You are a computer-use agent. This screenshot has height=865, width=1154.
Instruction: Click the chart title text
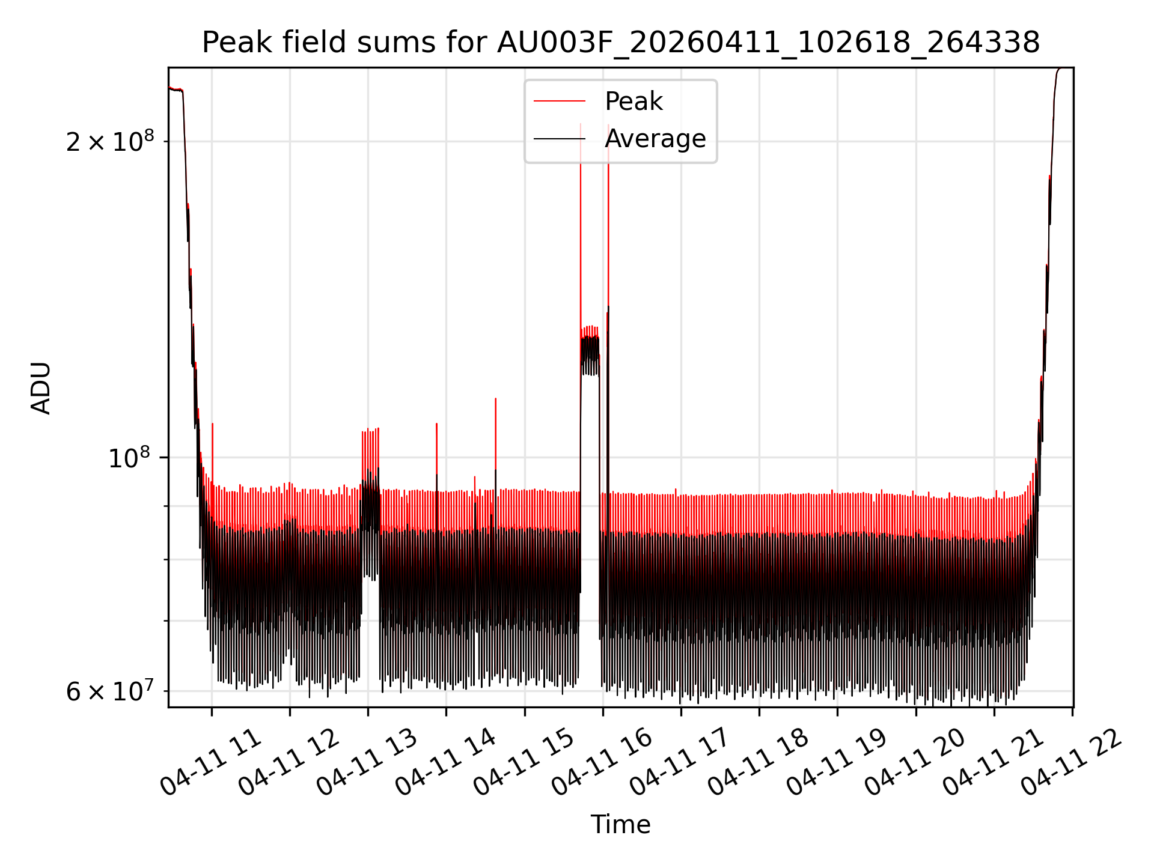[x=620, y=43]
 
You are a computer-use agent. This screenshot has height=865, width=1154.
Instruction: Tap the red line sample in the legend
[x=560, y=102]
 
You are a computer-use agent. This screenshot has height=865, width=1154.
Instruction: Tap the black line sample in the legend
[x=560, y=139]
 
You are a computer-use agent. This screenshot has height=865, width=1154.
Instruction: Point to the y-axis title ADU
[x=41, y=387]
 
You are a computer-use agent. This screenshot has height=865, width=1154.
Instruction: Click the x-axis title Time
[x=620, y=824]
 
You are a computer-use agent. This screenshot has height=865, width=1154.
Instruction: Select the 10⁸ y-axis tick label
[x=129, y=458]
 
